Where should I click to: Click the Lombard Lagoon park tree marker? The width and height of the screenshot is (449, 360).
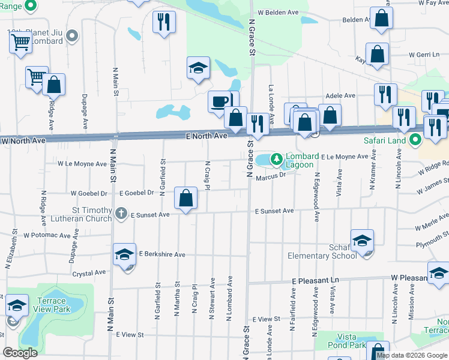276,159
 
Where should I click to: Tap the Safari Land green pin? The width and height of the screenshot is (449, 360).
415,142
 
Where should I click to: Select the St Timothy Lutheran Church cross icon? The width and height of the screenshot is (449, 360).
121,213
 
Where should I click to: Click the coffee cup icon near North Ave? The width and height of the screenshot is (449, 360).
220,101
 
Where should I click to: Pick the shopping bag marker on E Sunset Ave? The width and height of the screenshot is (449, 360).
186,197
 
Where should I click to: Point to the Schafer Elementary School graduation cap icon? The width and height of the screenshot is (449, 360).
363,241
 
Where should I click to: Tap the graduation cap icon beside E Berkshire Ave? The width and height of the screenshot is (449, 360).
124,255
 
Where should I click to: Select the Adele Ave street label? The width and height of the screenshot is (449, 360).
340,95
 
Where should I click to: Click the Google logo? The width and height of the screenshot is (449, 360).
20,352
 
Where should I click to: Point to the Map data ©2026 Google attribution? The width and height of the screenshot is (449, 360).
411,355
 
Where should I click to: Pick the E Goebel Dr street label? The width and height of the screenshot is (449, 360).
137,193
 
